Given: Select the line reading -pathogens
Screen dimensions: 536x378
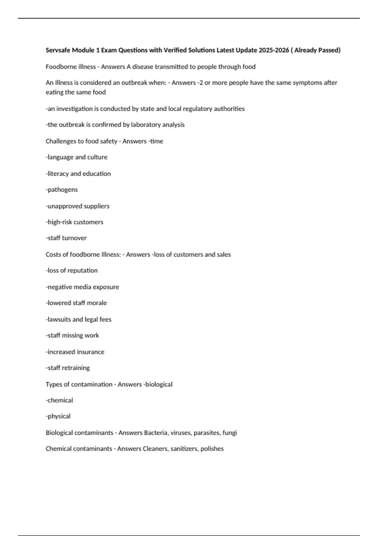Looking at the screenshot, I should [62, 190].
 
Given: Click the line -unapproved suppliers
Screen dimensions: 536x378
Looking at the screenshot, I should [77, 206].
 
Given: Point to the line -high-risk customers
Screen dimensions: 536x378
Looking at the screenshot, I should [74, 222].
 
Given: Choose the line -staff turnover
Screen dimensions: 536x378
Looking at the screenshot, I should [66, 238].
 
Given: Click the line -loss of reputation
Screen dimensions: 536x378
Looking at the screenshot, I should [72, 271].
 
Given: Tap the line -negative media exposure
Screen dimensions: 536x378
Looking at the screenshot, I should [82, 287].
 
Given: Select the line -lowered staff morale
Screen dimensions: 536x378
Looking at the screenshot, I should [76, 303].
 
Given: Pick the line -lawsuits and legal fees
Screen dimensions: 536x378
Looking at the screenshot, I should [78, 319].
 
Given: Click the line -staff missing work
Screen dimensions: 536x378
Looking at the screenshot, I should [72, 335].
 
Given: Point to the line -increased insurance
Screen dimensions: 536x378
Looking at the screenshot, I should [75, 352].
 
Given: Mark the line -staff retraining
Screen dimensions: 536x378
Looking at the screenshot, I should [68, 368].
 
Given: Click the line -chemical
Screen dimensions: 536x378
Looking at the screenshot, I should [59, 400].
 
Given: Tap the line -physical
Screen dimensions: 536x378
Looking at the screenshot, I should [58, 417].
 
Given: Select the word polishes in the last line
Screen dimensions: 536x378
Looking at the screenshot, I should [212, 449].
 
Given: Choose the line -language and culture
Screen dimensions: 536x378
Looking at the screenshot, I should [77, 157].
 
